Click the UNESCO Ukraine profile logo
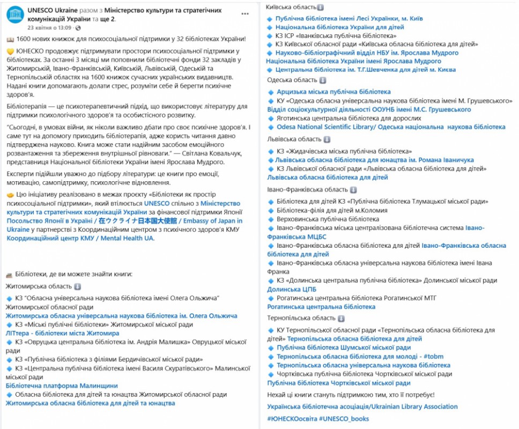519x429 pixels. point(15,16)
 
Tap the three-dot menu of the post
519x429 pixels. point(245,13)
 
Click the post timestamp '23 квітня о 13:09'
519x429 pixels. point(49,27)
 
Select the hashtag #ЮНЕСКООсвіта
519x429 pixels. point(291,418)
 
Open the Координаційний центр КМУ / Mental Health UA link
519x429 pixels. point(80,238)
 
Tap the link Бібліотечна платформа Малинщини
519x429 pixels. point(62,386)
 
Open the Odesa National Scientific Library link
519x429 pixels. point(391,127)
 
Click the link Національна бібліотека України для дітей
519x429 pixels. point(340,27)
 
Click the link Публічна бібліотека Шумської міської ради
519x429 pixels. point(344,347)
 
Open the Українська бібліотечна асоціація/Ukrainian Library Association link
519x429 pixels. point(362,406)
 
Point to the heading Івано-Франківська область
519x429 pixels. point(308,189)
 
